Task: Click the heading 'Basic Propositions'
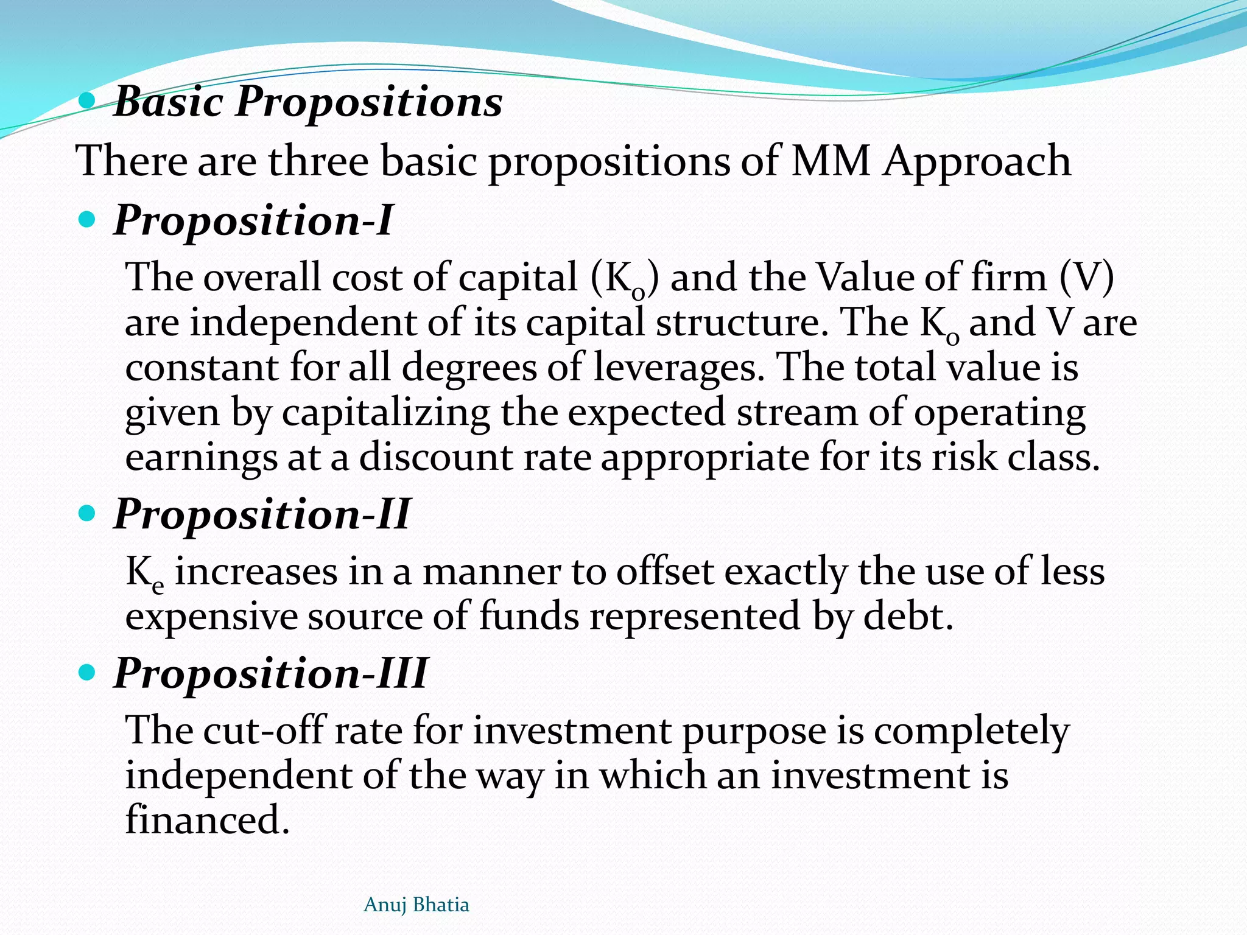pyautogui.click(x=308, y=101)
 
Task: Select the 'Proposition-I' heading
pyautogui.click(x=253, y=220)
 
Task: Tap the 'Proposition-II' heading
pyautogui.click(x=262, y=514)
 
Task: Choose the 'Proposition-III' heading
pyautogui.click(x=271, y=673)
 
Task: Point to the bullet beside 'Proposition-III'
pyautogui.click(x=88, y=673)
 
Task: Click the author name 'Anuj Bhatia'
pyautogui.click(x=416, y=905)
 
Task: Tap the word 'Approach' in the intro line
pyautogui.click(x=977, y=161)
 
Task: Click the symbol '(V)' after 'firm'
pyautogui.click(x=1087, y=278)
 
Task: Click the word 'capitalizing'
pyautogui.click(x=385, y=413)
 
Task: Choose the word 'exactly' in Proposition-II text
pyautogui.click(x=785, y=573)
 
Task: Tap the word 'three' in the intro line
pyautogui.click(x=318, y=161)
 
